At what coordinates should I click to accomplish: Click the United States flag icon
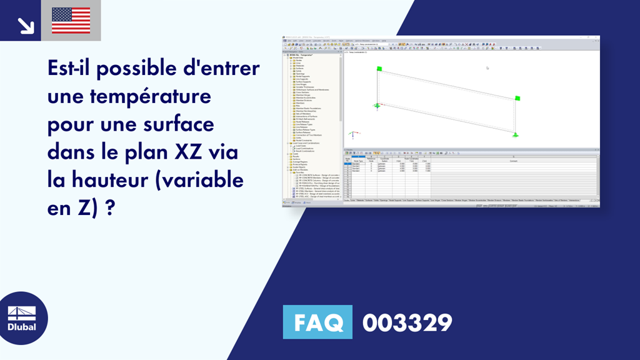(71, 21)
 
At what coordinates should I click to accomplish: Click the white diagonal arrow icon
(26, 24)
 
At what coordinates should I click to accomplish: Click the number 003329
(407, 322)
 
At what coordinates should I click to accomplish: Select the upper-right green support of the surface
(517, 97)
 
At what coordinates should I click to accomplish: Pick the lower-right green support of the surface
(516, 134)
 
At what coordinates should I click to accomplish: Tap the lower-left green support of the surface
(377, 105)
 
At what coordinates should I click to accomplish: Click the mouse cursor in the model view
(487, 67)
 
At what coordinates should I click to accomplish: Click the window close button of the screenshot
(597, 38)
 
